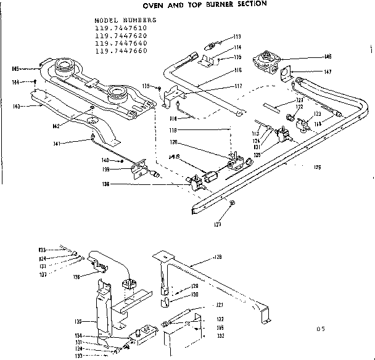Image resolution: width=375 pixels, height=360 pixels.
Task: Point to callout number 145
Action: point(15,68)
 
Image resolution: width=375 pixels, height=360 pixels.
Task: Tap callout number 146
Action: point(328,57)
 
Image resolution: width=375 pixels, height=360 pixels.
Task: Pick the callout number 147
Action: point(327,72)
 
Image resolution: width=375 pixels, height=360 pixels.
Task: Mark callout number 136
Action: point(76,277)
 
